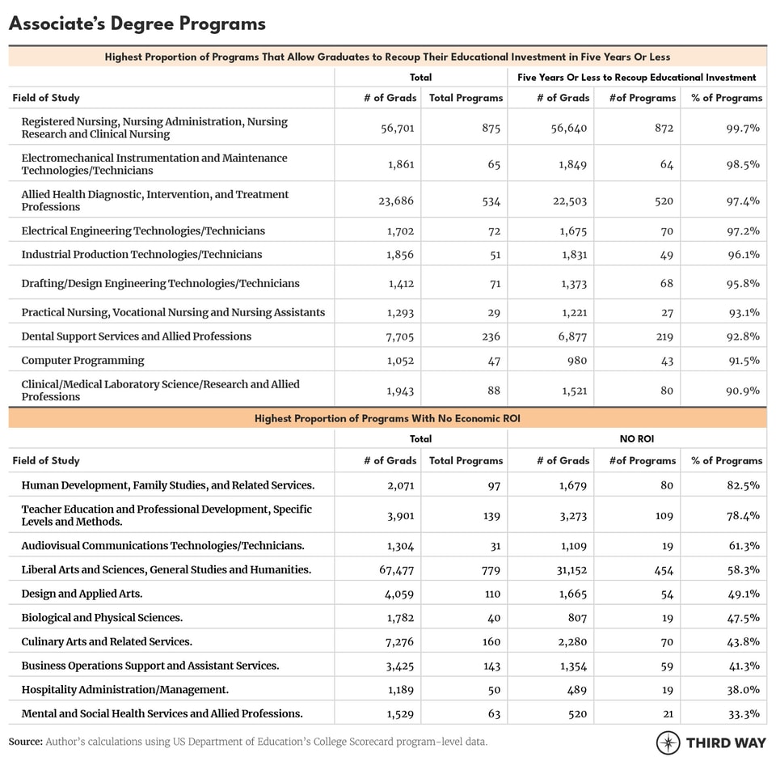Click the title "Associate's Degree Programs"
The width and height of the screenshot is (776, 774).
click(137, 23)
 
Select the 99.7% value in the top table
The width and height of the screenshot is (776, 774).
click(743, 128)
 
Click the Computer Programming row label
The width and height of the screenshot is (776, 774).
click(82, 360)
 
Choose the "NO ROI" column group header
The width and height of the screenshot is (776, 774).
click(637, 439)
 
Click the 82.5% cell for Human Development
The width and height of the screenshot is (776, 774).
click(743, 485)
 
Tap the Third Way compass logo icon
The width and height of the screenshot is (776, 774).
click(668, 742)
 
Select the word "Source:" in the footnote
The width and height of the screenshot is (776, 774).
click(26, 741)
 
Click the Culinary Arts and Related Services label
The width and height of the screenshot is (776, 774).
click(107, 641)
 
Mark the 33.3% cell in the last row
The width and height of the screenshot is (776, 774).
click(743, 713)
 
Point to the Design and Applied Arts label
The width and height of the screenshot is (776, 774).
click(82, 594)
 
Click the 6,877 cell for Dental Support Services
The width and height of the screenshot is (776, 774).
click(569, 336)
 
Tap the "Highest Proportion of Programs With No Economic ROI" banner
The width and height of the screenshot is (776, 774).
click(387, 418)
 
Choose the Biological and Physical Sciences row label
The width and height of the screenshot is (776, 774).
click(102, 617)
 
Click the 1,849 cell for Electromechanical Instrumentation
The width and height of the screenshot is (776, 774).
click(569, 164)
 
